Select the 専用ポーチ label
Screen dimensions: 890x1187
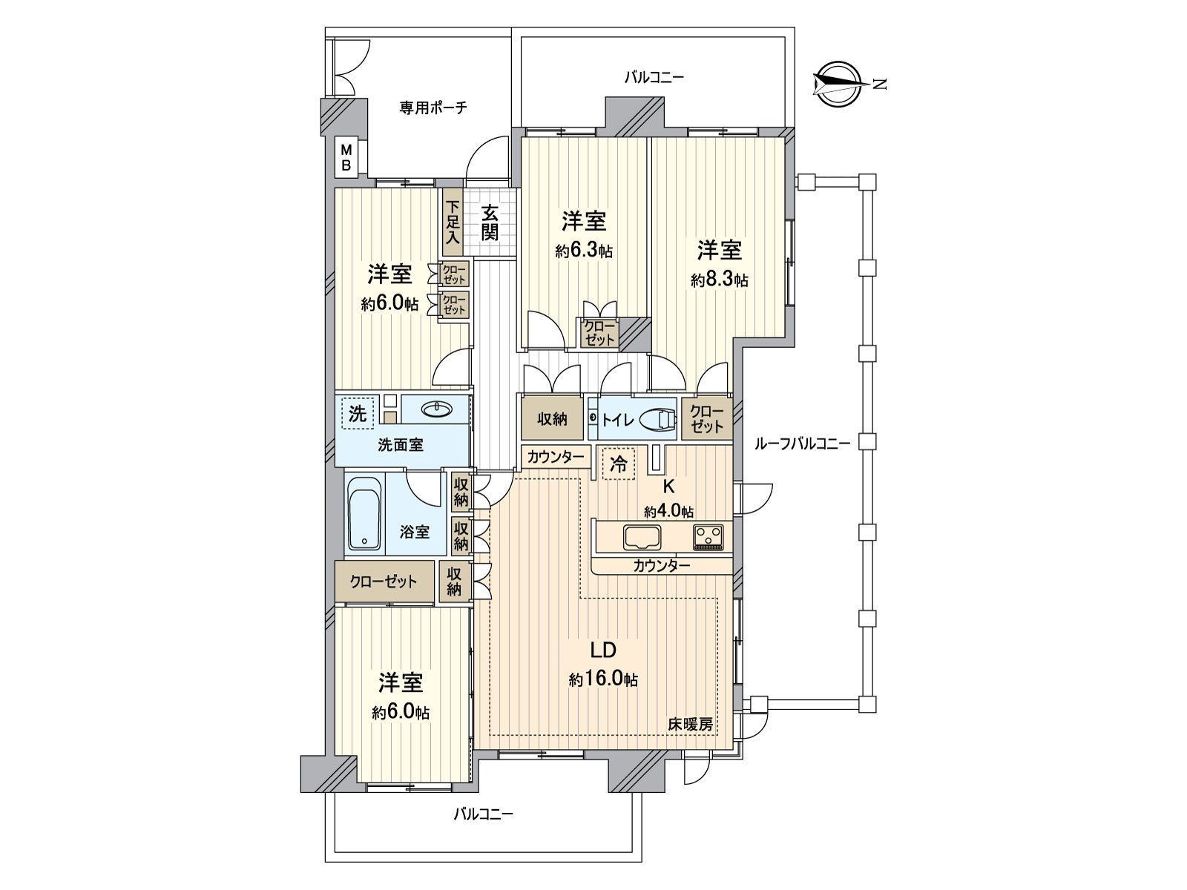pyautogui.click(x=433, y=108)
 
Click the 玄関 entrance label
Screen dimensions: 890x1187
pyautogui.click(x=489, y=222)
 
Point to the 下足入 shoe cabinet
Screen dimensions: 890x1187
pyautogui.click(x=453, y=222)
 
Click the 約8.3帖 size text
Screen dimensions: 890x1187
pyautogui.click(x=719, y=280)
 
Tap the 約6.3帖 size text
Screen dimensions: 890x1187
pyautogui.click(x=584, y=251)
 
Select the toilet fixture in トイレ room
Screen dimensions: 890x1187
pyautogui.click(x=657, y=419)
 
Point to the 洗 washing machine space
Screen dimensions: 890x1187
pyautogui.click(x=357, y=413)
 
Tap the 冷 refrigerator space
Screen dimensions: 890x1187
pyautogui.click(x=617, y=465)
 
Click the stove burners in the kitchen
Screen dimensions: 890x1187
pyautogui.click(x=708, y=536)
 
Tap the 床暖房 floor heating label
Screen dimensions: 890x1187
pyautogui.click(x=690, y=725)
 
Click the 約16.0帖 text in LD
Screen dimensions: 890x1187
pyautogui.click(x=604, y=679)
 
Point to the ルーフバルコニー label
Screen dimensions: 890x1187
pyautogui.click(x=801, y=444)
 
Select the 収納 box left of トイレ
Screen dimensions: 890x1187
pyautogui.click(x=552, y=419)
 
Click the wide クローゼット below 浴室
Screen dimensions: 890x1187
pyautogui.click(x=384, y=582)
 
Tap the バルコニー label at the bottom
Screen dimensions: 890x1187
pyautogui.click(x=483, y=814)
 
